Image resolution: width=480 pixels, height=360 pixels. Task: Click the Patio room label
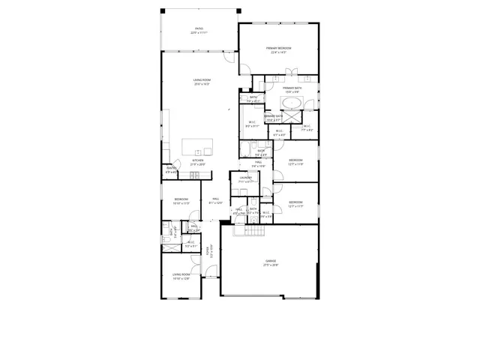(199, 29)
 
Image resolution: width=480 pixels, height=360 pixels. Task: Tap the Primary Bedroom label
(278, 48)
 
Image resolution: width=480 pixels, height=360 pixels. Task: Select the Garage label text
(270, 260)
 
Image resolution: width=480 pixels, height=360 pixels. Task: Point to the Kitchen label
(198, 160)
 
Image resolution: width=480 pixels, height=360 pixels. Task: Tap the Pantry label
(171, 169)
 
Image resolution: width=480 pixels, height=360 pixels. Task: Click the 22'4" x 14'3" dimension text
(278, 52)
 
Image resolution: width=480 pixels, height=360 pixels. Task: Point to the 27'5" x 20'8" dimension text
(270, 265)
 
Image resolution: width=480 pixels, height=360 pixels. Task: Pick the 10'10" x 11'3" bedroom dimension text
(181, 203)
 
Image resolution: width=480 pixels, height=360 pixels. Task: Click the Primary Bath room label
(292, 88)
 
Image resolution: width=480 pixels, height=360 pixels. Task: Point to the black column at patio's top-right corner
(239, 11)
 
